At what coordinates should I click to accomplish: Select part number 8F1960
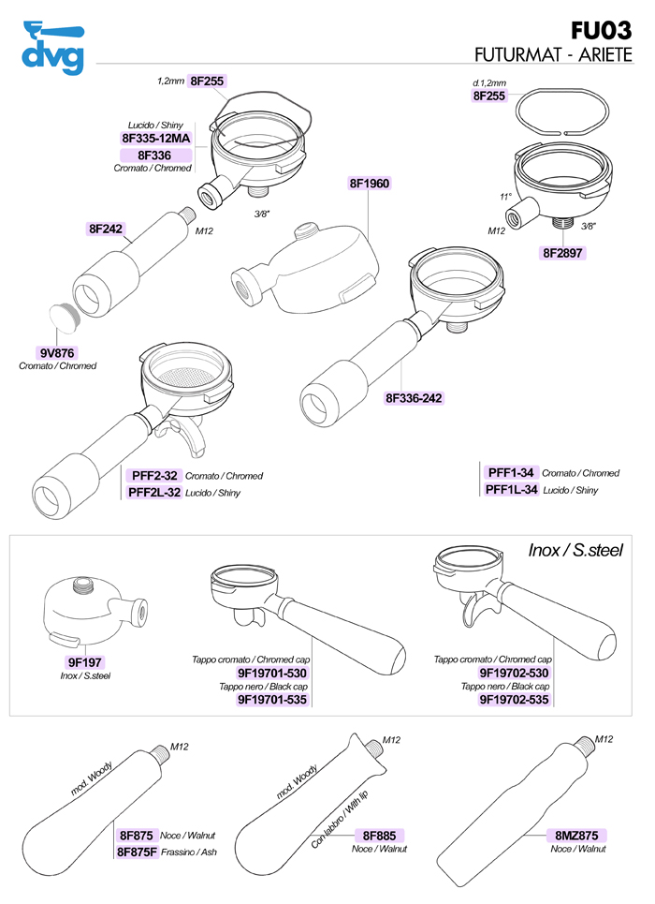click(x=369, y=183)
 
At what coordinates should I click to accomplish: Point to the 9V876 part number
click(x=58, y=353)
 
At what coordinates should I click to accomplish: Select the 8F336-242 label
click(x=414, y=397)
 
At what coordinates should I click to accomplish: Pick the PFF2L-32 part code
click(x=154, y=492)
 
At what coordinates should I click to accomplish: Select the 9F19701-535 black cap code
click(x=272, y=699)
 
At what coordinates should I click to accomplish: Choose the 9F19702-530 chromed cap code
click(x=514, y=673)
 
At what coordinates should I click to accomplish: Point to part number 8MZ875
click(x=575, y=835)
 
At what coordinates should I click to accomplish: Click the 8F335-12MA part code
click(x=156, y=138)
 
